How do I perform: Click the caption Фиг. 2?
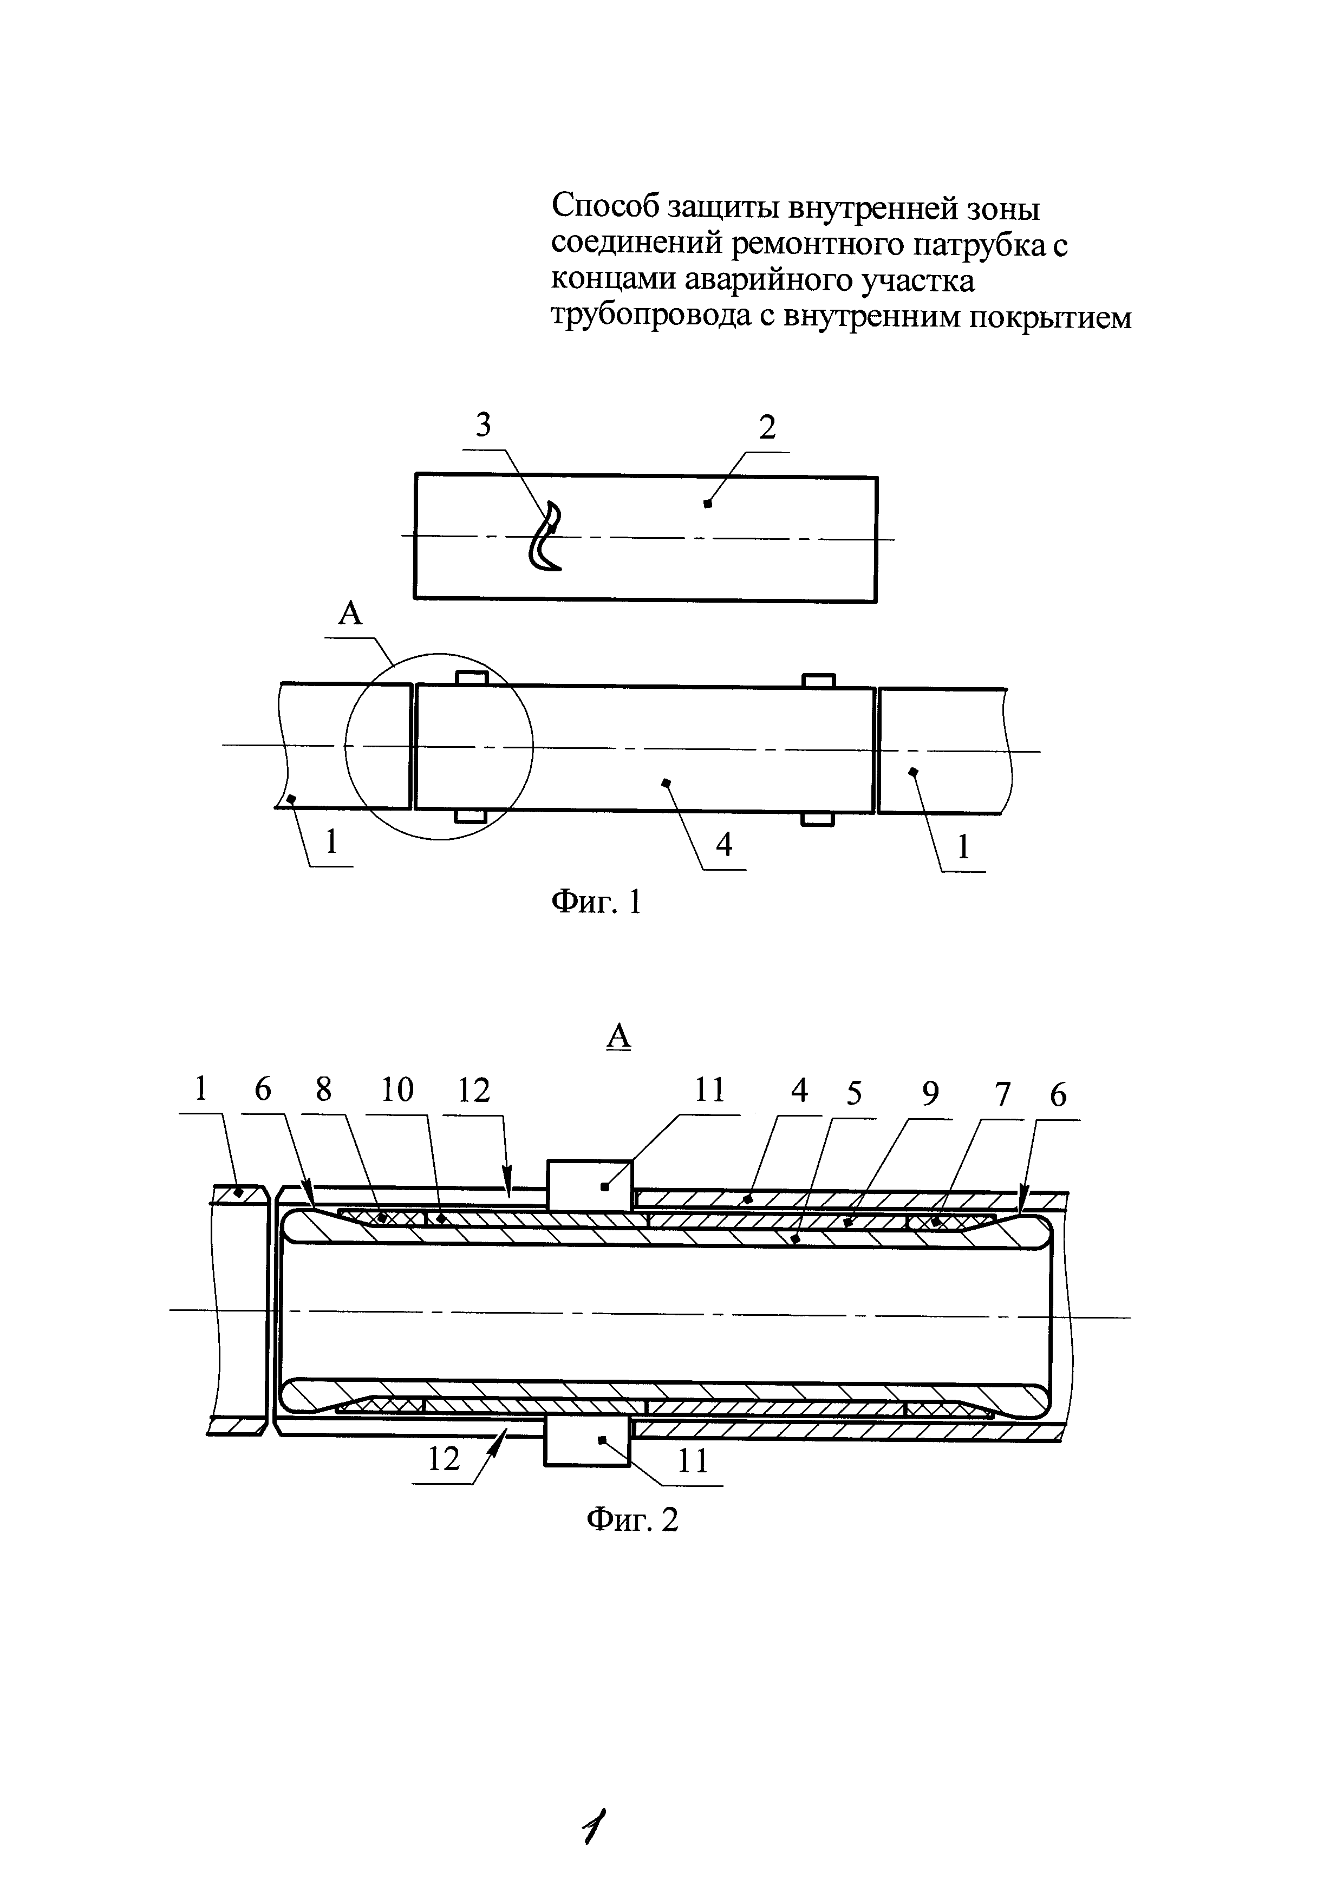point(632,1518)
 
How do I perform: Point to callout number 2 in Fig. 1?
point(767,428)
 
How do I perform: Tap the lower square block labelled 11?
point(586,1440)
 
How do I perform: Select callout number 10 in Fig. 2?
point(398,1090)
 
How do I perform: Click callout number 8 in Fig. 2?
point(323,1089)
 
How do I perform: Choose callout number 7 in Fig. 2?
point(1002,1093)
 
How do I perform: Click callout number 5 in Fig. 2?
point(854,1093)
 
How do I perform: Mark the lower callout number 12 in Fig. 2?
point(444,1459)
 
